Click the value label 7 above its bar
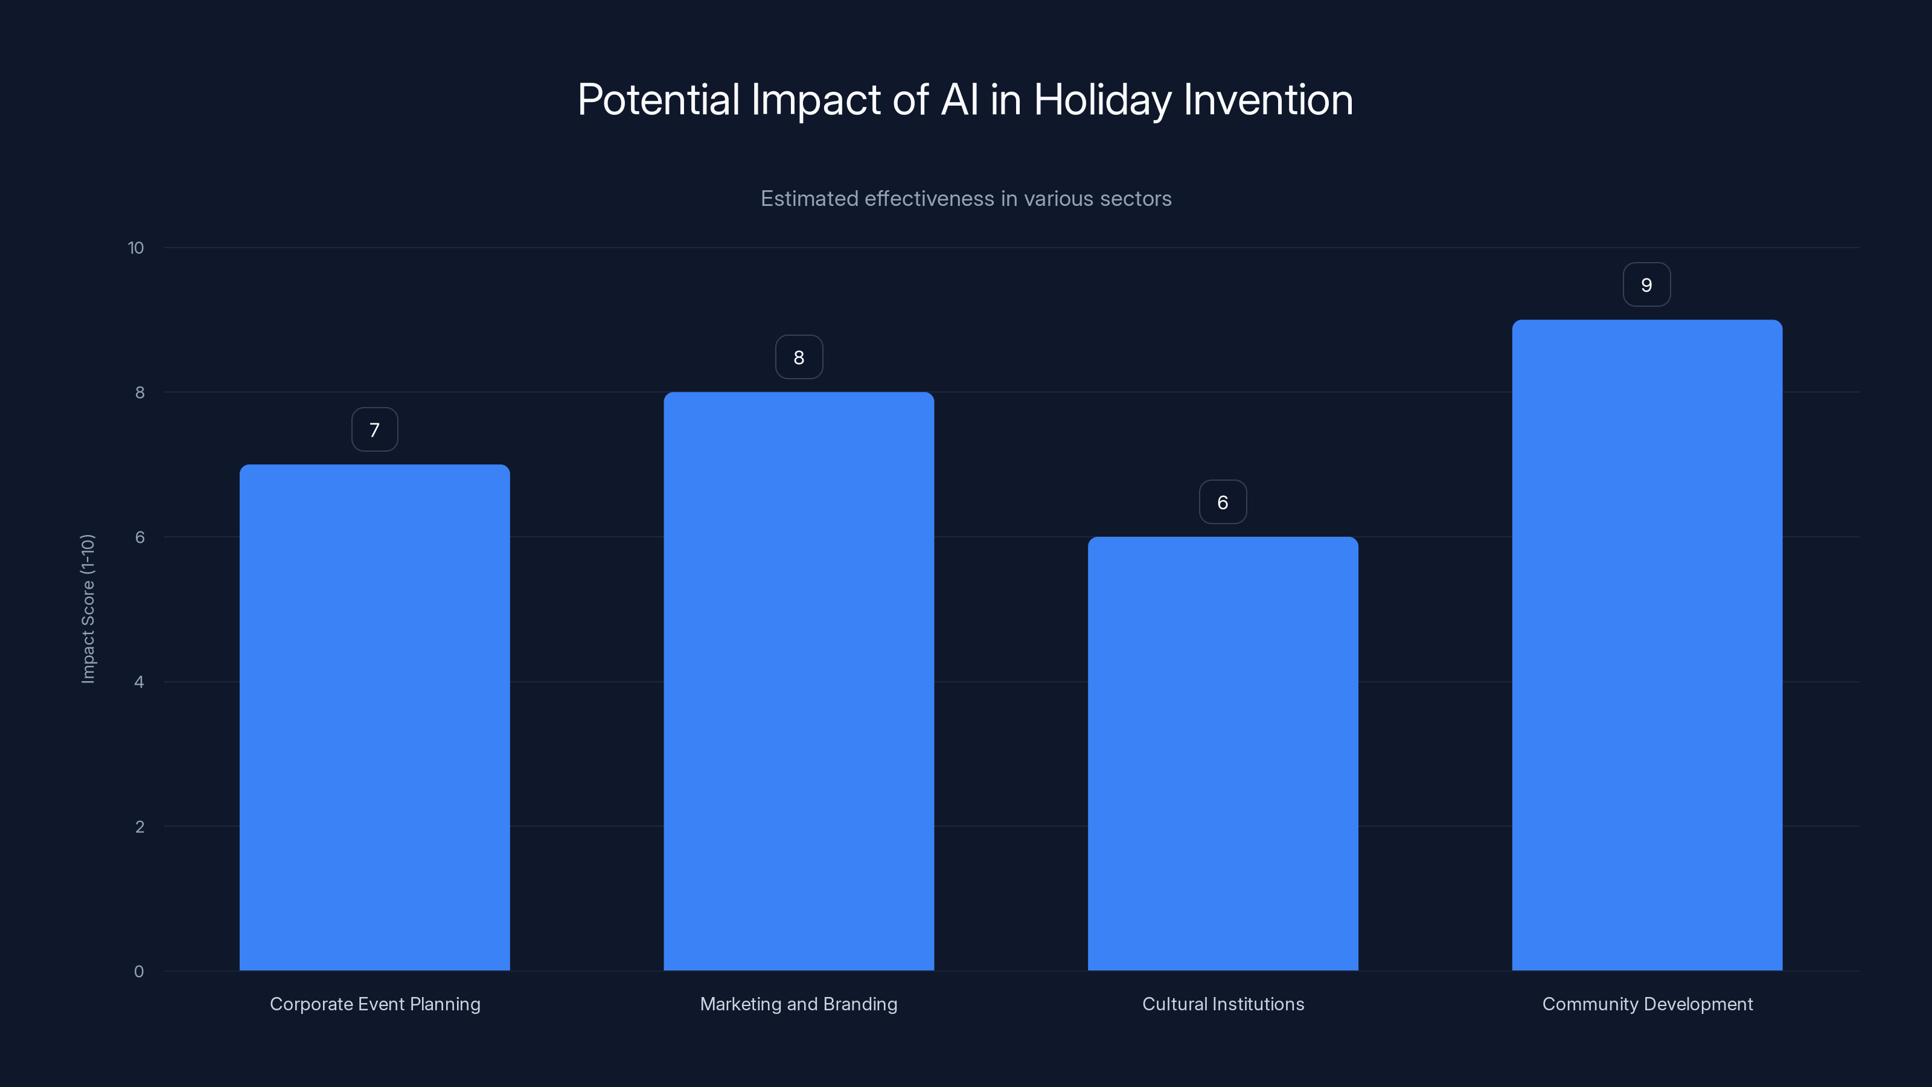[x=374, y=430]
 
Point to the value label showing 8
[x=799, y=358]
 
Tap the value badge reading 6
[x=1223, y=502]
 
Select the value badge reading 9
[x=1646, y=285]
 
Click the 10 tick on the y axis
[x=136, y=248]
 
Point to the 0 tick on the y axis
[x=139, y=972]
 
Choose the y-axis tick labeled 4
[x=139, y=682]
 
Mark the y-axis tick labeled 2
[x=139, y=827]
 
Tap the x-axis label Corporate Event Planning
[x=375, y=1004]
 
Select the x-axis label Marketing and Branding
[x=799, y=1004]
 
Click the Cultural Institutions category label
[x=1223, y=1004]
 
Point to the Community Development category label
[x=1647, y=1004]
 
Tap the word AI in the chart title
[x=959, y=100]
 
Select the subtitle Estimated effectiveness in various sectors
[x=966, y=199]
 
